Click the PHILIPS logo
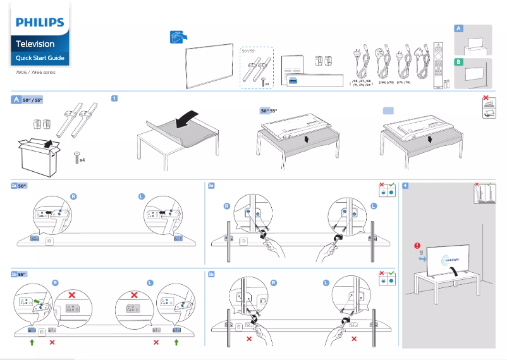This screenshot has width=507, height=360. point(40,23)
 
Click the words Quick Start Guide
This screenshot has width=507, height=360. point(40,58)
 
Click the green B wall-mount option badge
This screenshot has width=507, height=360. point(459,61)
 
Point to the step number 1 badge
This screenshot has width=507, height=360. point(114,99)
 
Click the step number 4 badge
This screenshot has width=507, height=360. point(405,186)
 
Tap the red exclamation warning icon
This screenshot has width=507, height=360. point(417,246)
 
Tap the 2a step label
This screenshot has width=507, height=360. point(14,186)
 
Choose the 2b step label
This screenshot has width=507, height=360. point(14,275)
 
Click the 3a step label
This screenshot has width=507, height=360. point(212,186)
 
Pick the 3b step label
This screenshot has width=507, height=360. point(212,275)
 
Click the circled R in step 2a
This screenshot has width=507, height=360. point(73,196)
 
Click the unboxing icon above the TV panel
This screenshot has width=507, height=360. point(178,37)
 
